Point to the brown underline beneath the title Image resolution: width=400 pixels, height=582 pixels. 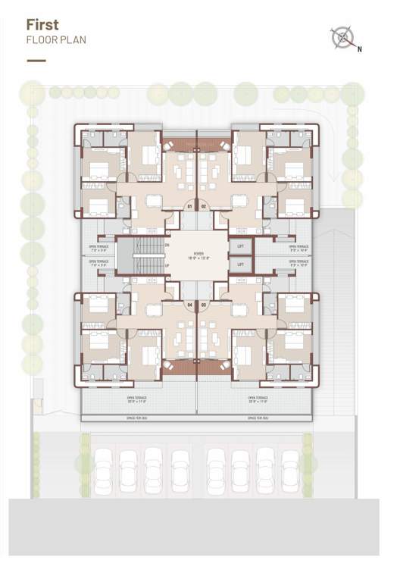[36, 61]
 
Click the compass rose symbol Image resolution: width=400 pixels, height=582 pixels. [343, 37]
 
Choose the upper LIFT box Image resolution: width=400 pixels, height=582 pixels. [240, 247]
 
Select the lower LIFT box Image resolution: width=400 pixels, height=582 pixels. [240, 264]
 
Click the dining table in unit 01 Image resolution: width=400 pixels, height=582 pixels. [154, 201]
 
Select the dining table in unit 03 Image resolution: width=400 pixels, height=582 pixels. [239, 309]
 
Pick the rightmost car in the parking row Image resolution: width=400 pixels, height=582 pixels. [290, 465]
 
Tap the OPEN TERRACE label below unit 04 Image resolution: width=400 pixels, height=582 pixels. [137, 399]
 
